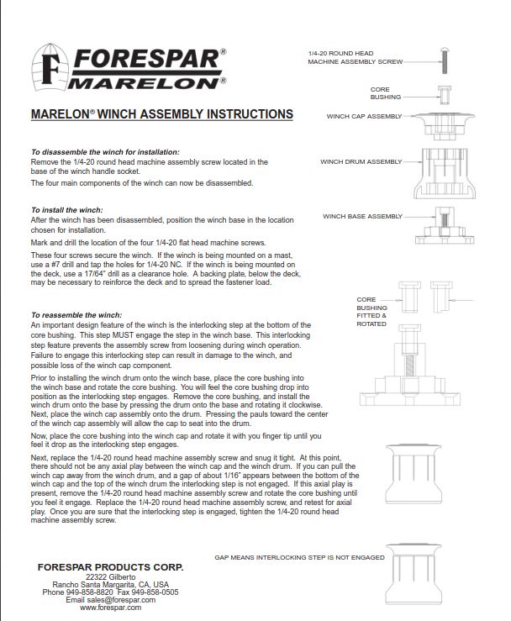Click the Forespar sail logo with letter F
(50, 67)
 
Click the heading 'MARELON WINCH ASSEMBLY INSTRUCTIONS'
(162, 114)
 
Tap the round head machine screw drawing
(445, 61)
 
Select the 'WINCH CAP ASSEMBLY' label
(364, 117)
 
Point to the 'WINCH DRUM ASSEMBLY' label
(361, 161)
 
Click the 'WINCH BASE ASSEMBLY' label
(362, 216)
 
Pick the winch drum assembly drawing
(445, 173)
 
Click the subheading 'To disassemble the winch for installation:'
(105, 152)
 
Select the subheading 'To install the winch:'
(66, 210)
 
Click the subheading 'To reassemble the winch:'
(76, 315)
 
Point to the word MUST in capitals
(124, 335)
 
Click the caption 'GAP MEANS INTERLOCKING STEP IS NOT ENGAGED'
(299, 557)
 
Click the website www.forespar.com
(110, 608)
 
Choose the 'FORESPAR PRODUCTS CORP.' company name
(110, 567)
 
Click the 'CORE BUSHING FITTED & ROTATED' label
(371, 312)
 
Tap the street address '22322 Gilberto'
(110, 577)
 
